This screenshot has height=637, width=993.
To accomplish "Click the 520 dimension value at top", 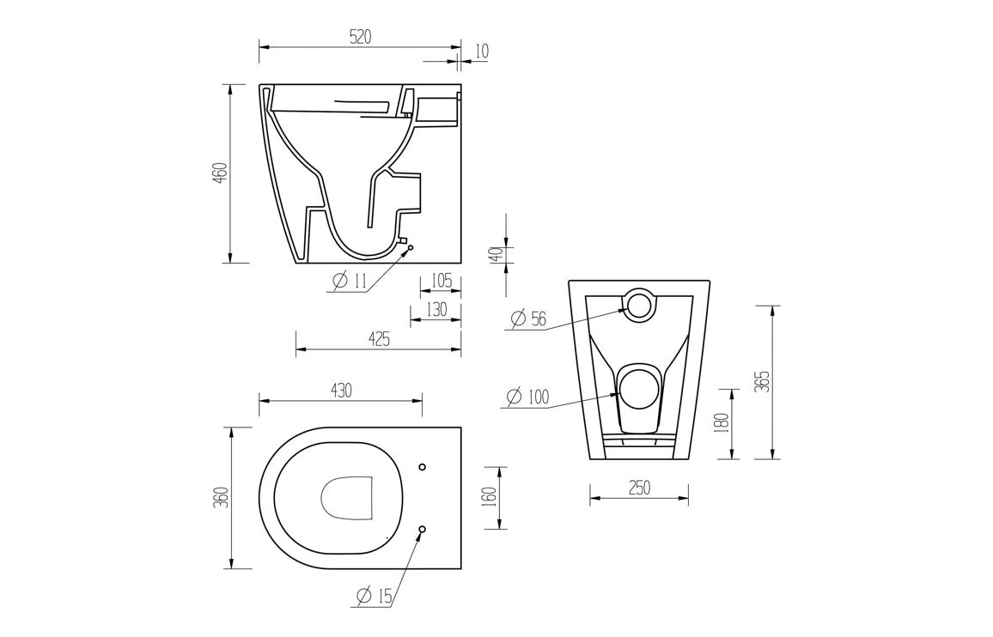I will click(360, 36).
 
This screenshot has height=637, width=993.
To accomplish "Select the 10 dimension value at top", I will click(481, 52).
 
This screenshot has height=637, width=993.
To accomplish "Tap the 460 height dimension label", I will click(220, 173).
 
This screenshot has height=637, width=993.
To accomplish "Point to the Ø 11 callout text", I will click(349, 281).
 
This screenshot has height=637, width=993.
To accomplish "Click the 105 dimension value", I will click(441, 281).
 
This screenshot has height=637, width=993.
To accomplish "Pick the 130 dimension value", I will click(436, 310).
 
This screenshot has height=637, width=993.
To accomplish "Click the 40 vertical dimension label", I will click(495, 255).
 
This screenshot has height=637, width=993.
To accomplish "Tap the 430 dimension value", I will click(341, 390).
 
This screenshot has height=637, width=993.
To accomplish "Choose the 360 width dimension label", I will click(220, 497).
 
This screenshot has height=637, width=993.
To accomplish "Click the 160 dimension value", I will click(490, 497).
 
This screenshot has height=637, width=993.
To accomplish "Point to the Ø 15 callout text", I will click(375, 595).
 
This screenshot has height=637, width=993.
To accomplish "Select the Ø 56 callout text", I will click(528, 318).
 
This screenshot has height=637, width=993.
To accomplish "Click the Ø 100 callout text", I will click(527, 397).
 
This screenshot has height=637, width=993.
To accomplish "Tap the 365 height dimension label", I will click(763, 381).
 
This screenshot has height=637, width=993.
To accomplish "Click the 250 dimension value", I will click(639, 488).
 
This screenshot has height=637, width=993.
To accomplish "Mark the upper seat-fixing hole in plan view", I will click(422, 467).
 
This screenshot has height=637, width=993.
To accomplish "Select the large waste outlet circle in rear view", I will click(638, 390).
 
